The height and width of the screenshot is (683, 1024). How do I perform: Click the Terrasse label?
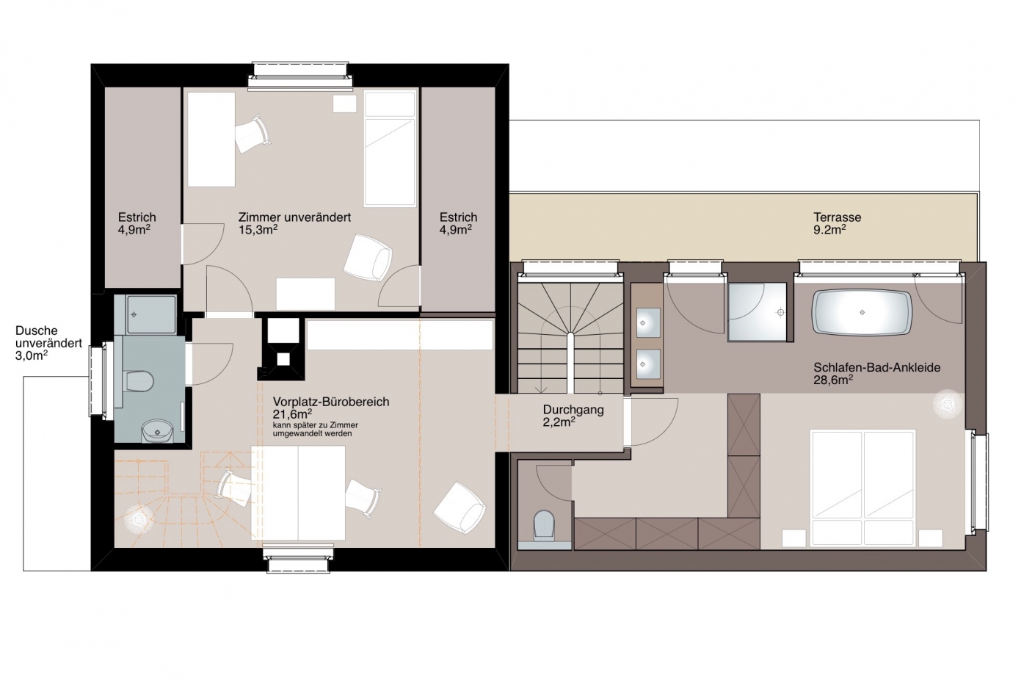coord(837,217)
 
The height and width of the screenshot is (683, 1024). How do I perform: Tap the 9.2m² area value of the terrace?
coord(829,229)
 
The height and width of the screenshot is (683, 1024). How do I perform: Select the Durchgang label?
coord(573,410)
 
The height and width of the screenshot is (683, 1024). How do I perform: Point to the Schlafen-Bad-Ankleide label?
coord(876,367)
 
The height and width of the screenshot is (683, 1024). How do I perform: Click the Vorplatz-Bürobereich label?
coord(331,402)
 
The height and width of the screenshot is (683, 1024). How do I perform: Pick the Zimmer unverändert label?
coord(294,217)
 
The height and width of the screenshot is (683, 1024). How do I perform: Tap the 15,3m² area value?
coord(258,229)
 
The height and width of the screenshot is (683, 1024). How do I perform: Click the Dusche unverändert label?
coord(48,336)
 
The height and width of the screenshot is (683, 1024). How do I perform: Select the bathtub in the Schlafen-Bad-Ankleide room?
coord(862,313)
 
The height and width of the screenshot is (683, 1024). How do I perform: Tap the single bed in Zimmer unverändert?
coord(390,148)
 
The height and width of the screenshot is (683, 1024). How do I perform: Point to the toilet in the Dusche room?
coord(138,381)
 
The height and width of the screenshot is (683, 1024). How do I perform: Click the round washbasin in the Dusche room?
coord(157,431)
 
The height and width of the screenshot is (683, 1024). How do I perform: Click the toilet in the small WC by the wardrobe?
coord(543,524)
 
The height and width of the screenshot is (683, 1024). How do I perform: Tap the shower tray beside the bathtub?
coord(757,312)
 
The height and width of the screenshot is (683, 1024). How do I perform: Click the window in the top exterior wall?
coord(301,75)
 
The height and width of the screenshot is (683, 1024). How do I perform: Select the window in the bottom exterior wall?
coord(298,560)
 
